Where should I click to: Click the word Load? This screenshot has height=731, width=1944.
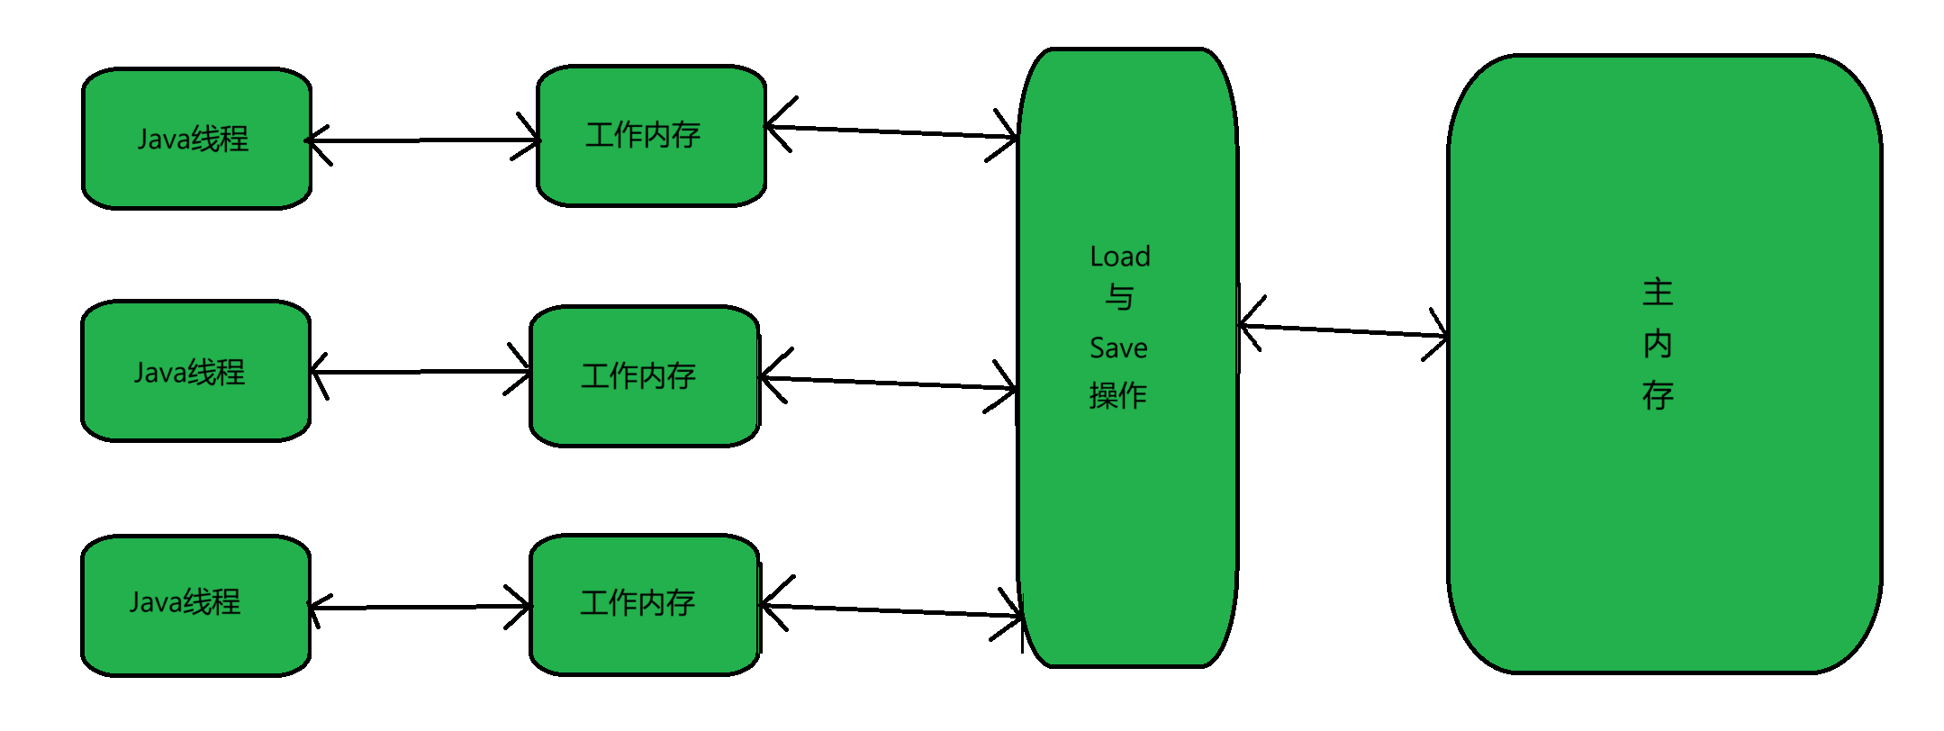[1119, 257]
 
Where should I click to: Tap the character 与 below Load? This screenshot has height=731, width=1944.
[1119, 297]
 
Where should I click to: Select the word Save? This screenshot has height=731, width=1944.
[1118, 348]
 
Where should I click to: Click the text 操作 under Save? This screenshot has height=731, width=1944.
[1117, 396]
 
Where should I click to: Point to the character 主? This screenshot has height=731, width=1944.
[1658, 293]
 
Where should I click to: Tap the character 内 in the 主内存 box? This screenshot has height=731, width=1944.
[1658, 344]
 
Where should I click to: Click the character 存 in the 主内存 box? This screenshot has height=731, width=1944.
[1658, 395]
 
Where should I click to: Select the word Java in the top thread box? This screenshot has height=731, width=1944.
[163, 140]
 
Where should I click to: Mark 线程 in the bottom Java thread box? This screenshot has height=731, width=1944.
[212, 601]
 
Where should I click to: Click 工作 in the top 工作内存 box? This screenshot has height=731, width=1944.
[613, 135]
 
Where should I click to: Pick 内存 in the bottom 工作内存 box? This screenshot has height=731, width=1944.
[666, 603]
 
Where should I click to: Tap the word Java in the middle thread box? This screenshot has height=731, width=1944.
[159, 373]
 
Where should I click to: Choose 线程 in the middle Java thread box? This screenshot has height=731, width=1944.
[217, 372]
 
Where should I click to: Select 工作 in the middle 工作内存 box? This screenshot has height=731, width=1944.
[610, 376]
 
